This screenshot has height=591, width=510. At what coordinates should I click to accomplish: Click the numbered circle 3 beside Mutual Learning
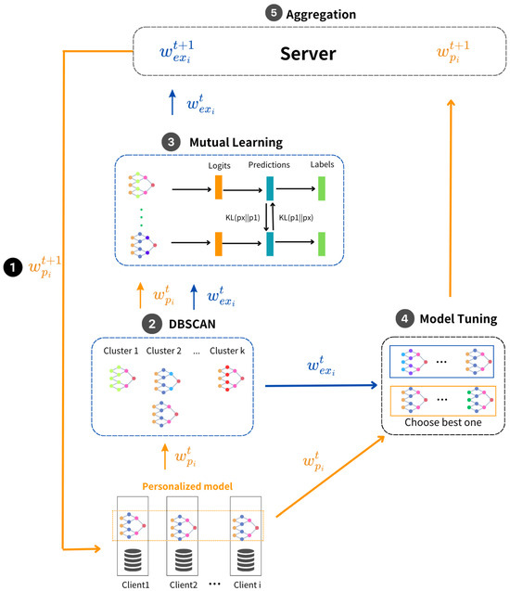click(x=169, y=141)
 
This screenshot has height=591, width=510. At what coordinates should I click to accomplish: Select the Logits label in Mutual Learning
click(x=221, y=164)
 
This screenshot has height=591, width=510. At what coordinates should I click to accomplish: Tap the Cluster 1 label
click(x=121, y=352)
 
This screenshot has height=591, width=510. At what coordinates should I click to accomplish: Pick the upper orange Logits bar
click(x=220, y=188)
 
